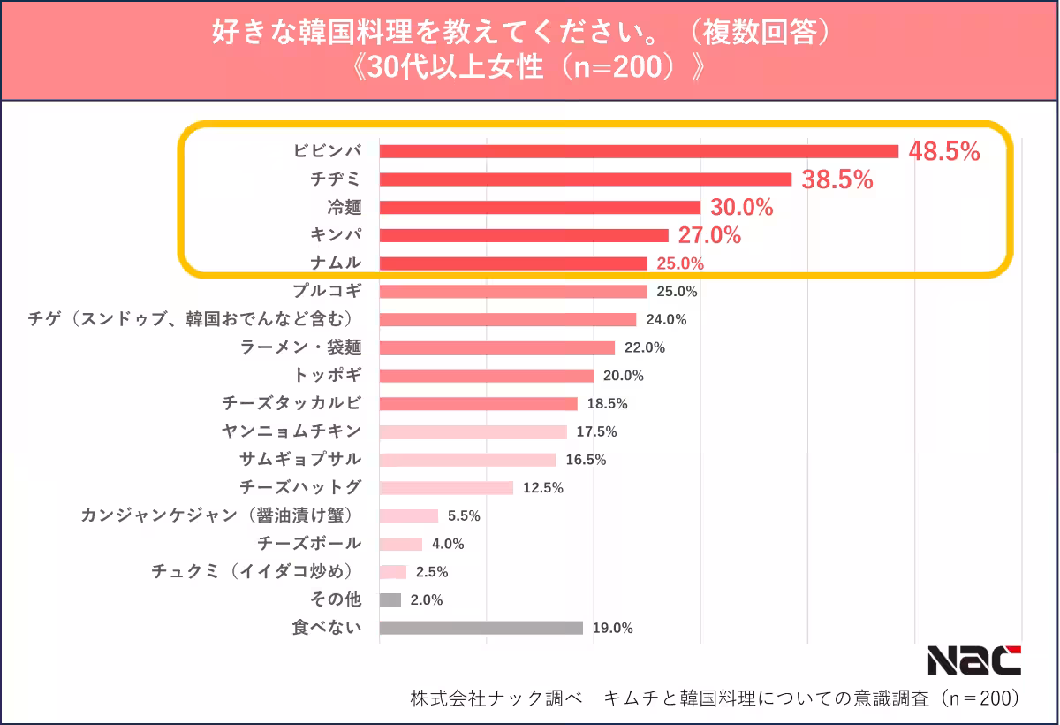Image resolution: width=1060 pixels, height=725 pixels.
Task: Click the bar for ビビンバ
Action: coord(638,151)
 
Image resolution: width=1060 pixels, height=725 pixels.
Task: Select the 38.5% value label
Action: coord(837,180)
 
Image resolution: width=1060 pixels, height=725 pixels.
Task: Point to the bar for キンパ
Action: coord(523,235)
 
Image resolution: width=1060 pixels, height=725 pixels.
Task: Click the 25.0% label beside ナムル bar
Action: coord(679,263)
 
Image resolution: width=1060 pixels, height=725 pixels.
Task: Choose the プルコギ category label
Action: coord(327,291)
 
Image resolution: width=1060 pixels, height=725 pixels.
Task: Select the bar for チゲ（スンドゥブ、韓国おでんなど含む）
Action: coord(507,319)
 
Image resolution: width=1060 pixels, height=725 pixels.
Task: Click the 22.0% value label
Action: coord(645,347)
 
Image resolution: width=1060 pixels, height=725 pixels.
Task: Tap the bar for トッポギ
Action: coord(486,376)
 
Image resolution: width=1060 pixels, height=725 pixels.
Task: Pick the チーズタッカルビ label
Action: coord(291,403)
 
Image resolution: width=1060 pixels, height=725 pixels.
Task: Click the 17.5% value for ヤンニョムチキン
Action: coord(596,431)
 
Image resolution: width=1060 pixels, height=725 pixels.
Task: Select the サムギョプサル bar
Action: coord(467,460)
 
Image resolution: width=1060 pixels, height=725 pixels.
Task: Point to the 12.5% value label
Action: coord(542,488)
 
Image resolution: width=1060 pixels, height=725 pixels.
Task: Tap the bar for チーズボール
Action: coord(400,544)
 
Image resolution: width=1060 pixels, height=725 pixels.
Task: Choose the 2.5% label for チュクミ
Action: coord(432,572)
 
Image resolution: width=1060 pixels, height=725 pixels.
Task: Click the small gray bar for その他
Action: coord(390,599)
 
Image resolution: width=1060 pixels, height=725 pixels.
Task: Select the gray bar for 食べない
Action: coord(481,628)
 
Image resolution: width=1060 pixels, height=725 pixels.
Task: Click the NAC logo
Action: coord(973,660)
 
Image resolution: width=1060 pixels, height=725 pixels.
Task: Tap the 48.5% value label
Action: coord(944,152)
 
